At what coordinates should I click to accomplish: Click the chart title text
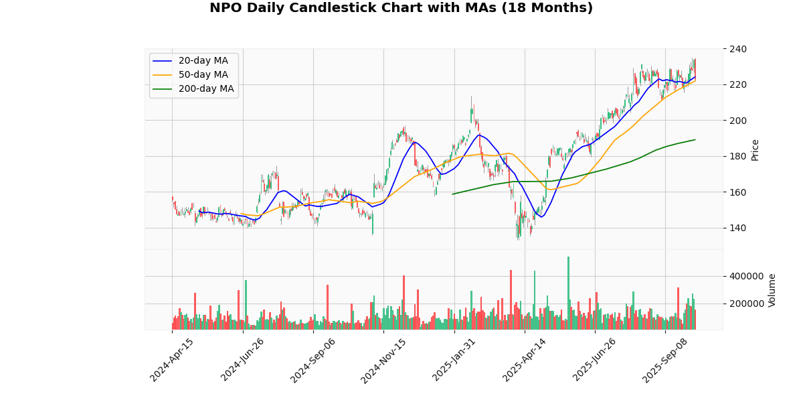coord(401,8)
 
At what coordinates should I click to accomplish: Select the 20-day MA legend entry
coord(203,61)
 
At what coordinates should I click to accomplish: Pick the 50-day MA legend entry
coord(203,75)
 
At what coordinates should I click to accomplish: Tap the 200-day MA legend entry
coord(205,89)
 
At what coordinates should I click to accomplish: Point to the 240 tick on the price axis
coord(738,49)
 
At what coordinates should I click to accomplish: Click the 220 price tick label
coord(738,84)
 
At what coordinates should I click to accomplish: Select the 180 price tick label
coord(738,156)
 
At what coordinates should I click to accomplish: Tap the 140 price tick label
coord(738,228)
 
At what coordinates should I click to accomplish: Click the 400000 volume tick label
coord(746,276)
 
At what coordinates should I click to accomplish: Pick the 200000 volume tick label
coord(746,304)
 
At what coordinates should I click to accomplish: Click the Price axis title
coord(755,149)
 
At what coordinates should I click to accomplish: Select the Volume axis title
coord(772,289)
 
